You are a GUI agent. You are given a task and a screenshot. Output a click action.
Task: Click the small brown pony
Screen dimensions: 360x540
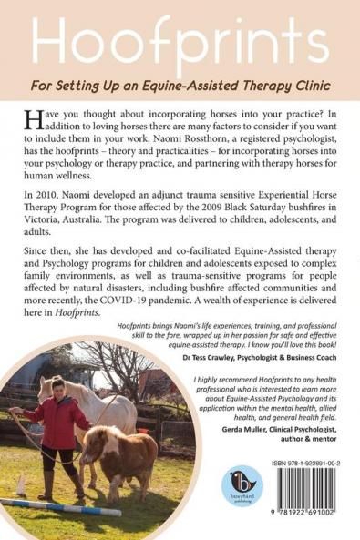118,461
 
